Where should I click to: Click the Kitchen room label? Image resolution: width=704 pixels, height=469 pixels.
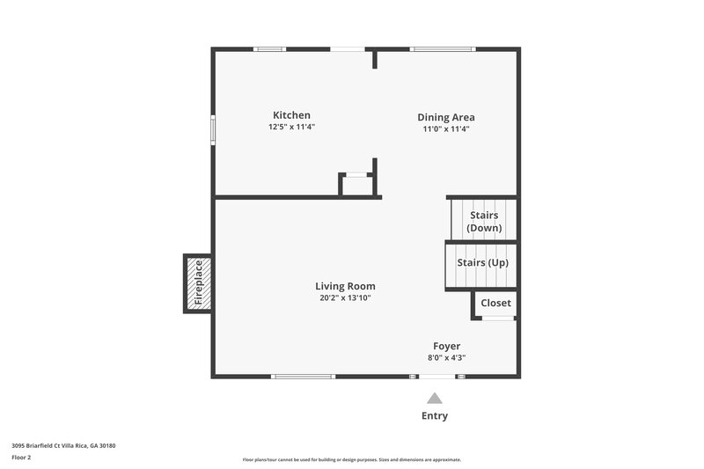pos(291,115)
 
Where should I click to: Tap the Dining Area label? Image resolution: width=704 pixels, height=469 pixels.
pos(446,117)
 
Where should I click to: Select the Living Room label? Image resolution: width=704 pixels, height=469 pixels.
pos(345,286)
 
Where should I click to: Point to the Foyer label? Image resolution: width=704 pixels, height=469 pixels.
pos(446,346)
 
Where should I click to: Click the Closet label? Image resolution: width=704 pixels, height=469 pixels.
pos(495,303)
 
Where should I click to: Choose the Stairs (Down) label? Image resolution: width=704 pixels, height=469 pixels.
pos(484,222)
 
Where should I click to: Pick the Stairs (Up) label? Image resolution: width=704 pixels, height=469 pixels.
pos(482,262)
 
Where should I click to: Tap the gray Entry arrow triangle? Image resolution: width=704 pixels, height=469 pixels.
pos(435,398)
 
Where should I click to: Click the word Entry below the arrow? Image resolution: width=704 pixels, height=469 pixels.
pos(435,416)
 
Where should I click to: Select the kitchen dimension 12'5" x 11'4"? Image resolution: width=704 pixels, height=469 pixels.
pos(291,128)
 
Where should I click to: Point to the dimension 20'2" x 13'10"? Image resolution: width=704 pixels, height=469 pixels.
pos(345,297)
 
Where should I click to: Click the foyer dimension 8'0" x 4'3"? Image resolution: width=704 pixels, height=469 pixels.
pos(446,357)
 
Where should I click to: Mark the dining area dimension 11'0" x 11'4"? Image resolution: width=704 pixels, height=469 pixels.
pos(446,128)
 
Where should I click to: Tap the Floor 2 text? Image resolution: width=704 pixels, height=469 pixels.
pos(21,458)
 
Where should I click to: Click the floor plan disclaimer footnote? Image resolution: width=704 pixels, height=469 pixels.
pos(351,459)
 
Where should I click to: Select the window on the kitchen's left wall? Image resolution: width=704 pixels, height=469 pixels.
pos(212,128)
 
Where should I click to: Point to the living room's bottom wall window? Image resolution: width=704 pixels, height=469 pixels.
pos(304,377)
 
